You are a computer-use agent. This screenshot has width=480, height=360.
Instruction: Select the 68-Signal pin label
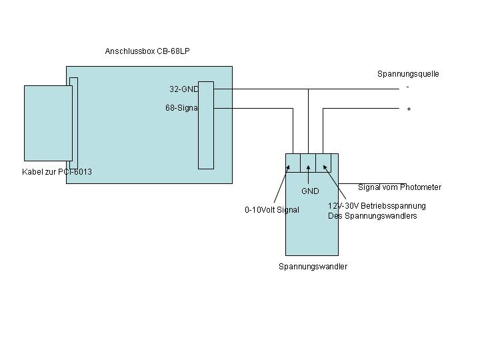coord(181,107)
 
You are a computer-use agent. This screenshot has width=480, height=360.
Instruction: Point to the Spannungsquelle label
coord(408,74)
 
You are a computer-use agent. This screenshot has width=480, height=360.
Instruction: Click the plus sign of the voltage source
coord(409,109)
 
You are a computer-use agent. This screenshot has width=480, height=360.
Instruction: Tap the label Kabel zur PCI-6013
coord(57,172)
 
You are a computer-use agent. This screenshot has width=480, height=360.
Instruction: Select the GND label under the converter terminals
coord(310,191)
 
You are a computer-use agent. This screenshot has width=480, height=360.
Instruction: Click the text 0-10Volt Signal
coord(272,210)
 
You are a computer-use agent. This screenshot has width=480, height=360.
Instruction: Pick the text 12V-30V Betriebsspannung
coord(377,206)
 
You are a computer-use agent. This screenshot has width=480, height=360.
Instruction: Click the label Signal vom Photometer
coord(399,187)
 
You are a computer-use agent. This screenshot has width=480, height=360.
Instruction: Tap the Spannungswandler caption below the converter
coord(313,267)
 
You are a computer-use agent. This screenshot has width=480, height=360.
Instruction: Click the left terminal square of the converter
coord(293,162)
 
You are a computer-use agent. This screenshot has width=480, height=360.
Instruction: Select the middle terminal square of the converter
coord(308,162)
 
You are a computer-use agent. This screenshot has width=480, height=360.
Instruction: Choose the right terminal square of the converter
coord(323,162)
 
